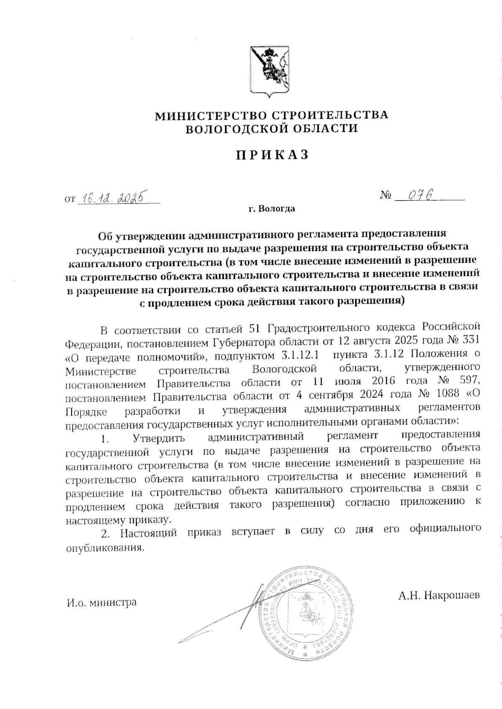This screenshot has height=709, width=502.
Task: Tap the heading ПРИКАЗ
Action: [271, 155]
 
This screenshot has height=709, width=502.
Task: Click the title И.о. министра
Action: [102, 603]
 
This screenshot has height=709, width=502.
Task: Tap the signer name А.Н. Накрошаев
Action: [439, 595]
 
